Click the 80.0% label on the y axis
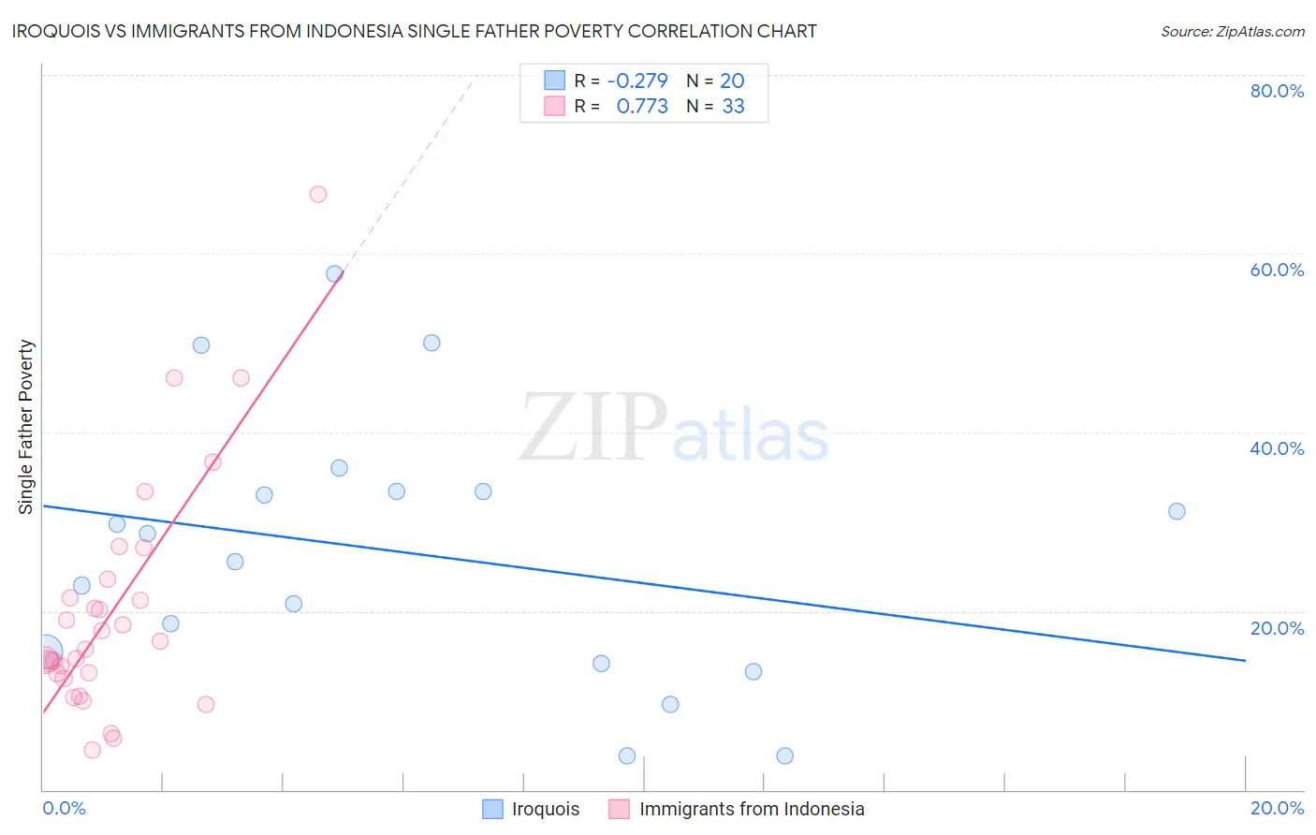click(1277, 91)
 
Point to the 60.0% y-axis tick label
click(1277, 270)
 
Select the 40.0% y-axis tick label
click(1277, 448)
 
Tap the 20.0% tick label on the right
click(1277, 628)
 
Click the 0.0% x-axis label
click(64, 808)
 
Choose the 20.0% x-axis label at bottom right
click(1277, 808)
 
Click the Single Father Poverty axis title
click(26, 427)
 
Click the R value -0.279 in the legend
click(636, 81)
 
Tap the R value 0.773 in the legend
click(642, 106)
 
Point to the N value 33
click(733, 106)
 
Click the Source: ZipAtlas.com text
click(1232, 31)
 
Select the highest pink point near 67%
click(318, 195)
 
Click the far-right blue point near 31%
click(1177, 511)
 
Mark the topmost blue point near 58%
click(334, 274)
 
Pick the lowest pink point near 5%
click(92, 750)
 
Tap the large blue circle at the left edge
click(45, 651)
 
